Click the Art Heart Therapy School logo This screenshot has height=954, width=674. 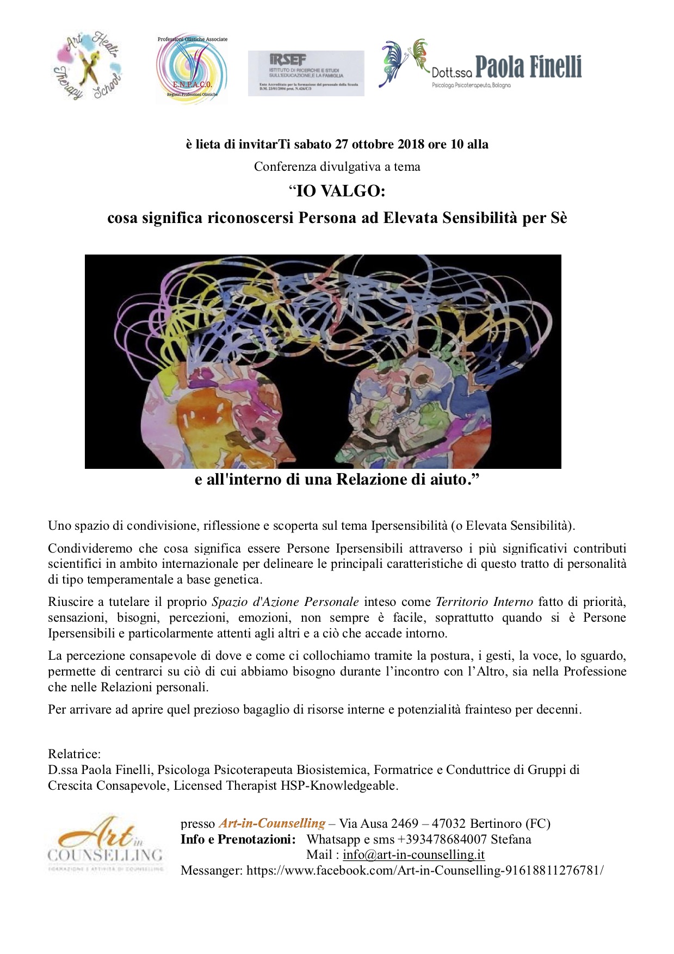(x=88, y=66)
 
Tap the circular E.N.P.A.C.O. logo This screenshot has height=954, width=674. (x=192, y=67)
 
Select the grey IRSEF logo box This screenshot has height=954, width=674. (x=306, y=73)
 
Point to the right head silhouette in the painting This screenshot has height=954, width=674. (x=413, y=413)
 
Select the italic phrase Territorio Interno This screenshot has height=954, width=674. (x=484, y=602)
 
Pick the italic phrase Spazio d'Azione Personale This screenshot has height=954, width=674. (x=285, y=602)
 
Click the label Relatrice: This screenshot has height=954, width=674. (x=75, y=754)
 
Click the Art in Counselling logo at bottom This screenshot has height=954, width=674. (x=105, y=844)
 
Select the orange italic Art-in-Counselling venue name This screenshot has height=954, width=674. (x=272, y=823)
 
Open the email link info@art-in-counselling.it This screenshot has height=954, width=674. (x=413, y=855)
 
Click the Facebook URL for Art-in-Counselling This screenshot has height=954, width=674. (x=425, y=870)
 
